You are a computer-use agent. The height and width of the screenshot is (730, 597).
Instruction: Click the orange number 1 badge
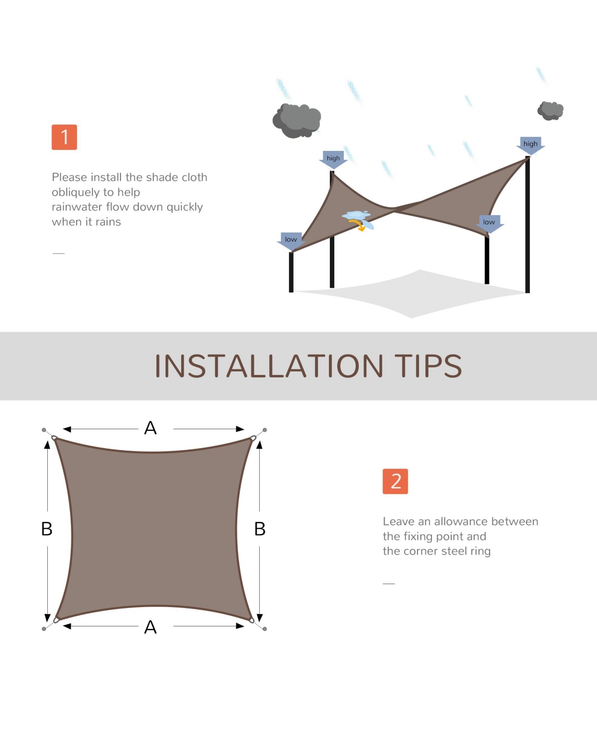64,137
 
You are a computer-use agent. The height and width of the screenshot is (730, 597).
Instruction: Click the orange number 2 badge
396,482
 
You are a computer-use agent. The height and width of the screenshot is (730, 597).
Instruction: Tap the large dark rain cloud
297,121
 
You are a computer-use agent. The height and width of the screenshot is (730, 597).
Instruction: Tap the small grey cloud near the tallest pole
550,111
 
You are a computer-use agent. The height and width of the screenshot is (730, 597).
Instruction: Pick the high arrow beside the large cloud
333,160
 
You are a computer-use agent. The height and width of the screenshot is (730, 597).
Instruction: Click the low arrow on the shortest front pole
291,241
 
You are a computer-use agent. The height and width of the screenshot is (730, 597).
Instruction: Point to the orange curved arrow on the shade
358,226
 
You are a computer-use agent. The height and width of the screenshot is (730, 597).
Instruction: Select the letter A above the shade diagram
150,428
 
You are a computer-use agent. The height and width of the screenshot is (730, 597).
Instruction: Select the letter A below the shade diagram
150,627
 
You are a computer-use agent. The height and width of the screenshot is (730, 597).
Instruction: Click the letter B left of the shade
47,529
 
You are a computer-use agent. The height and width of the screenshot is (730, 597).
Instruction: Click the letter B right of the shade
260,529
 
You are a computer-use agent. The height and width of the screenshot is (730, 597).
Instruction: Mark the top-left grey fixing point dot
44,430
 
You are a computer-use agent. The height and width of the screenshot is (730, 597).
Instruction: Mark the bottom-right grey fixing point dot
265,629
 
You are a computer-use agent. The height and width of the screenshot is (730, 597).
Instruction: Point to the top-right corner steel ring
253,438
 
